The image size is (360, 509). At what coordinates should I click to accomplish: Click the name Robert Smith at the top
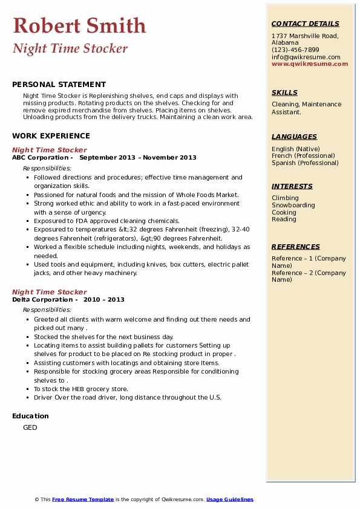point(79,26)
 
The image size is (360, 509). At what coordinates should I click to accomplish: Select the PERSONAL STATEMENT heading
point(59,85)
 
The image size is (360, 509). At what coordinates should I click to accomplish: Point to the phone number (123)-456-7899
point(295,50)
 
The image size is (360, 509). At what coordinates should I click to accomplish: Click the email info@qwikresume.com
point(306,57)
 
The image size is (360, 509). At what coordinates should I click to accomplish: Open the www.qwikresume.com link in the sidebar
point(310,63)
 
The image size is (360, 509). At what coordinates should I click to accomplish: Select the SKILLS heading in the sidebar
point(284,92)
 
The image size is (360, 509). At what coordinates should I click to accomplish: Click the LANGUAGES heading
point(294,137)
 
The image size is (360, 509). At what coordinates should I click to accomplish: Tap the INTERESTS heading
point(292,186)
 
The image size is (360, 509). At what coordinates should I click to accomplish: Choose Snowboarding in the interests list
point(293,206)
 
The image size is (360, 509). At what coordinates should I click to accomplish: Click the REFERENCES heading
point(296,247)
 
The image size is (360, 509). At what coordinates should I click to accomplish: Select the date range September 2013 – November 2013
point(138,158)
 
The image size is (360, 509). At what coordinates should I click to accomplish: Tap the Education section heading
point(30,416)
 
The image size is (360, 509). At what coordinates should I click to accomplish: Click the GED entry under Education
point(30,428)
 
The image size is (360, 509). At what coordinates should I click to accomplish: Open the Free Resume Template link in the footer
point(83,499)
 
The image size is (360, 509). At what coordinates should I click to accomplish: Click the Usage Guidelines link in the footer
point(230,499)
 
